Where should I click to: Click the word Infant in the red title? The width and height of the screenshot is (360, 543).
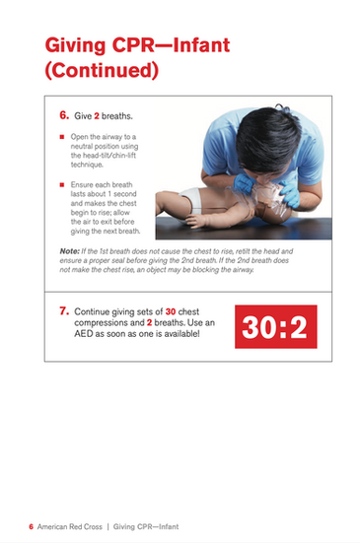click(201, 45)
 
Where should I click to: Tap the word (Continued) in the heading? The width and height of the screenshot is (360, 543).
click(102, 70)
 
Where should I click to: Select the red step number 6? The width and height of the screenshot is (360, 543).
click(64, 115)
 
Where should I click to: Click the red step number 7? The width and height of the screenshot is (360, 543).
click(64, 311)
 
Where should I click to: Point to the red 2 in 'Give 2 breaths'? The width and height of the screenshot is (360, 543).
click(97, 116)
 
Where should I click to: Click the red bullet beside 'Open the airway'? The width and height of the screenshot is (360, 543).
click(62, 137)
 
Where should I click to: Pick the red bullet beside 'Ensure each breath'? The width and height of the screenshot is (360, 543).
click(62, 185)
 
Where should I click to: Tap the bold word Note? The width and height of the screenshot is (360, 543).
click(70, 251)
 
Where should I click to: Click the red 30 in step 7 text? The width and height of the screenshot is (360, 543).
click(171, 311)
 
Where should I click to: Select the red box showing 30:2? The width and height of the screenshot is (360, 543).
click(276, 326)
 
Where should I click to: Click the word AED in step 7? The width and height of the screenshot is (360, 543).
click(84, 334)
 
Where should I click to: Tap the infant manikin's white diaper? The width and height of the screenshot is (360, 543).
click(191, 198)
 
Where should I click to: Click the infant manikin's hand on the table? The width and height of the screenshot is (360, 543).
click(194, 221)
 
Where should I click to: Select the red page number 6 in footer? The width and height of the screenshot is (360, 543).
click(32, 526)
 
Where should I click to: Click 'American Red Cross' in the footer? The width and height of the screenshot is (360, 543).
click(70, 526)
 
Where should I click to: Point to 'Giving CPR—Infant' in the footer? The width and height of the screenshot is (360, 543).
click(146, 526)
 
